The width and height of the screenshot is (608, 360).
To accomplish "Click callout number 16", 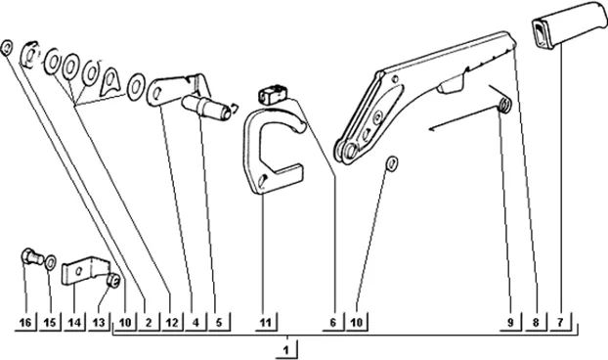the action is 25,323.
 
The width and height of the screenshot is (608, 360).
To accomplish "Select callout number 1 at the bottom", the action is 286,350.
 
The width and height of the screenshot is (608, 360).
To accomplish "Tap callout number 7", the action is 560,322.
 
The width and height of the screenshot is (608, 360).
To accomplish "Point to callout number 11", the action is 266,323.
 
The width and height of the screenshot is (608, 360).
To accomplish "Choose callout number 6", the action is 333,323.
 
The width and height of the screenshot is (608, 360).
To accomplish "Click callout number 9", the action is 510,322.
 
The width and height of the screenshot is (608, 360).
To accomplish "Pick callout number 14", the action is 75,323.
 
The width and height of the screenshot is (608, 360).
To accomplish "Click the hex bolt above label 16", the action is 32,257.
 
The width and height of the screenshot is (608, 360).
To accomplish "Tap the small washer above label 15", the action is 51,262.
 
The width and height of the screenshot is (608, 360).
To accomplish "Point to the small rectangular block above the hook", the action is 273,94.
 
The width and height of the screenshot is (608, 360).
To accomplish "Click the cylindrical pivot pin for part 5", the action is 205,107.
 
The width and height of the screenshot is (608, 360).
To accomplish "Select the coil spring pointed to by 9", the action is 504,105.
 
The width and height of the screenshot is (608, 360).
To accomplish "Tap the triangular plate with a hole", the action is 110,82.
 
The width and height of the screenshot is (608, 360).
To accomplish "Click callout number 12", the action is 172,323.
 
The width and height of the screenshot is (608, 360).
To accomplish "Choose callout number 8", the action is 536,322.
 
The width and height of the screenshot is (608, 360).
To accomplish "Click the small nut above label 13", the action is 114,281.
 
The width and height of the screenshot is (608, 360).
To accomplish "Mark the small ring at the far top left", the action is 7,48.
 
